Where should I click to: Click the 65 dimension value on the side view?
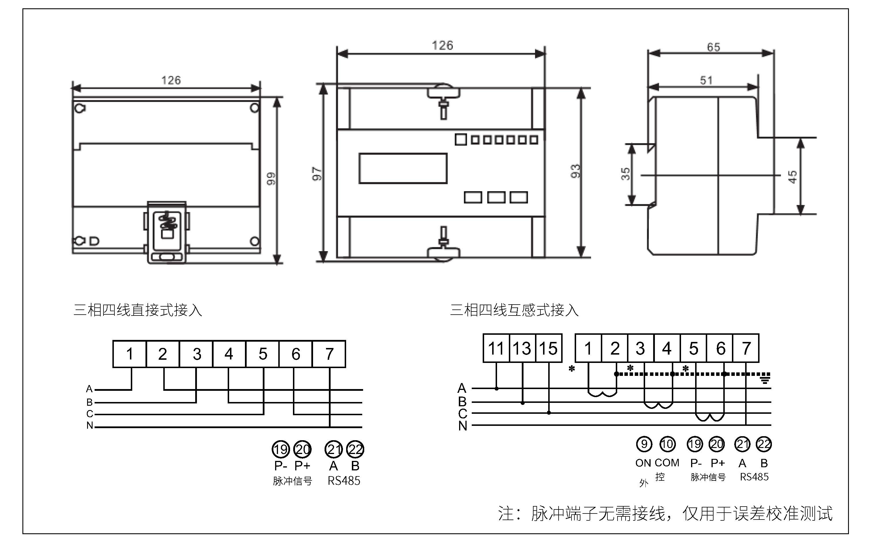713,47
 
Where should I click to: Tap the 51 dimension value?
706,80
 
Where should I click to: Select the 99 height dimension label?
271,179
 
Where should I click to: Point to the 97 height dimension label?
317,174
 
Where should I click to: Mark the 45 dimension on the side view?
792,177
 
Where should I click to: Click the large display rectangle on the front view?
403,168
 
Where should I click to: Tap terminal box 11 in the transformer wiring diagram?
496,348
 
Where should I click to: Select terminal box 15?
549,348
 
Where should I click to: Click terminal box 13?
523,348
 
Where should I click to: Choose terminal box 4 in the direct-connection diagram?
229,354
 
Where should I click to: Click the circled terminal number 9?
644,444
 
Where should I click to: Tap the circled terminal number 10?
668,444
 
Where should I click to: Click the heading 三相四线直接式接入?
138,310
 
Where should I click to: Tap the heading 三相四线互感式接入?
514,310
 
